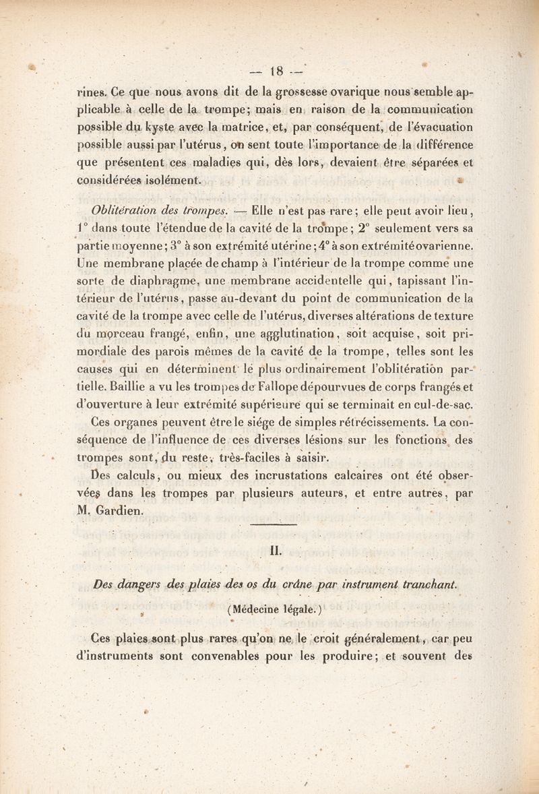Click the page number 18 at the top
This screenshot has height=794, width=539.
tap(276, 68)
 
